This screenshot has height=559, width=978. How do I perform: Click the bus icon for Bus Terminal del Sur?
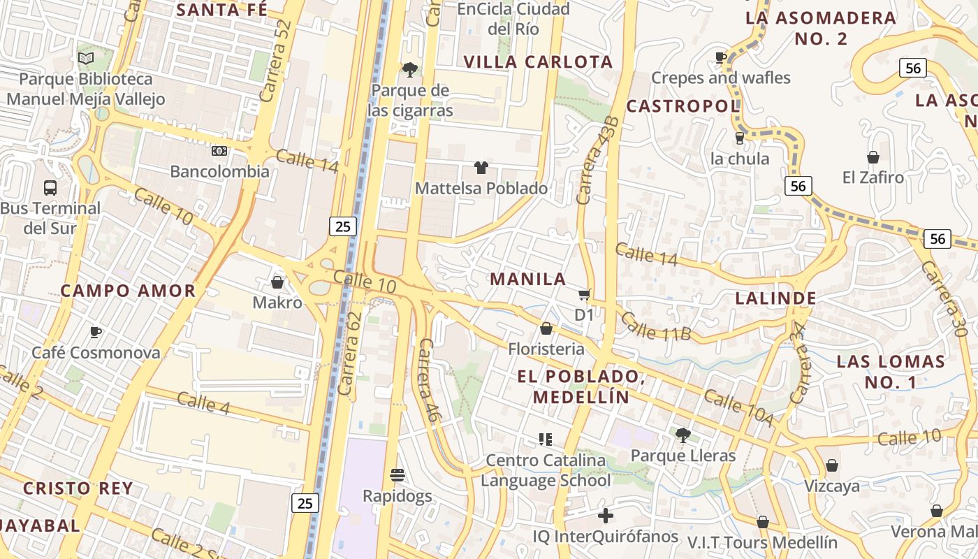50,187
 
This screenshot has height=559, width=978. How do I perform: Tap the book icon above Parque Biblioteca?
86,58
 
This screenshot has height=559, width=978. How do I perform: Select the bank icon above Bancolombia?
219,151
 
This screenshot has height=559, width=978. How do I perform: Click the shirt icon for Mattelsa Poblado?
481,168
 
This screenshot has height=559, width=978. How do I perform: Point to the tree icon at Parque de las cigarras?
410,69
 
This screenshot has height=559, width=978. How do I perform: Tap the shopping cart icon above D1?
584,295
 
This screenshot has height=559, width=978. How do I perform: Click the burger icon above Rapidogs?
397,476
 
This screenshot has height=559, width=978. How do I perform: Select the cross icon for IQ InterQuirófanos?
606,516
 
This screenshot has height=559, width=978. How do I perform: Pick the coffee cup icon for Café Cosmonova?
96,332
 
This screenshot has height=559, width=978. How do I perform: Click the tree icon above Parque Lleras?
683,435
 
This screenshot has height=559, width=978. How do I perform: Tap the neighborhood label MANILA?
527,279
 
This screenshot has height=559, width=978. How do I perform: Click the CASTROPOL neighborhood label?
683,106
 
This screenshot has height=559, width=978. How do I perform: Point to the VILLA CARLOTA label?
538,62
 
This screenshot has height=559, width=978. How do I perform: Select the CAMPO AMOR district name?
128,291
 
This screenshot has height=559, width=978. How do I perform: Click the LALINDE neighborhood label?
775,298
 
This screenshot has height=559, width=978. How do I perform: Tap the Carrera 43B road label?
597,161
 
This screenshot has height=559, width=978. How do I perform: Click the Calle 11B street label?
655,327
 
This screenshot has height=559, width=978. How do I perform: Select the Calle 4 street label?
203,402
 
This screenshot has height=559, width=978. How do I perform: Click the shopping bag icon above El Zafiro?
873,157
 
